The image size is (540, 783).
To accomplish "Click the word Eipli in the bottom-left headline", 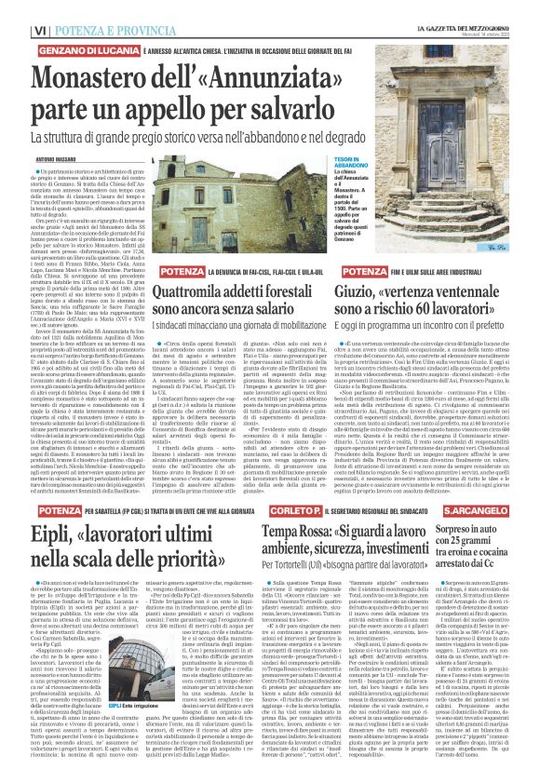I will [48, 533].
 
